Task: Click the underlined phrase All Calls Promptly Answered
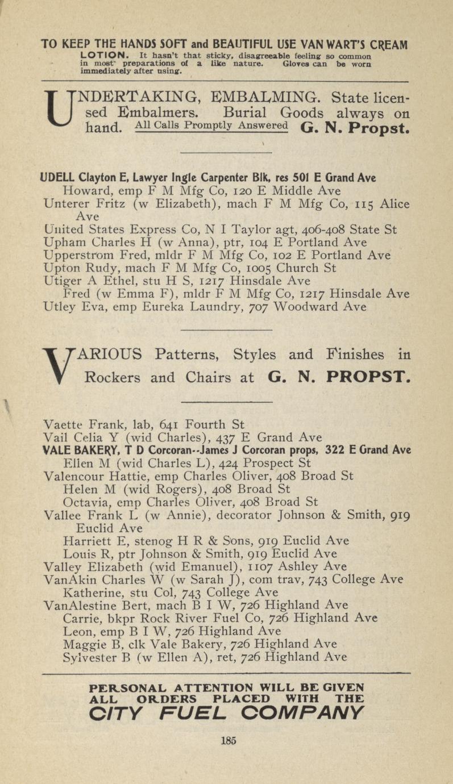tap(211, 126)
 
